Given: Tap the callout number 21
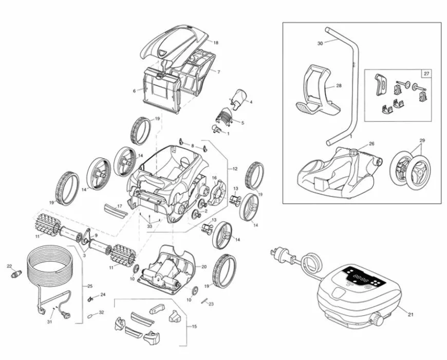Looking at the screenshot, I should click(410, 314).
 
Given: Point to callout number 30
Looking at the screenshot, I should click(320, 44).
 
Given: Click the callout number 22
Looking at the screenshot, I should click(9, 266).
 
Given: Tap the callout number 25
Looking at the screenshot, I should click(90, 286).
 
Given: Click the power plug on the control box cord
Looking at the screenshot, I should click(277, 252).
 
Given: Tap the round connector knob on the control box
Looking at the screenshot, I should click(376, 320).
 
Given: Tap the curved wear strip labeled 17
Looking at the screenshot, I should click(113, 210).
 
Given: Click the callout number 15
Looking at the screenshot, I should click(194, 327).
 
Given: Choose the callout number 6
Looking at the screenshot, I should click(134, 91).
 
